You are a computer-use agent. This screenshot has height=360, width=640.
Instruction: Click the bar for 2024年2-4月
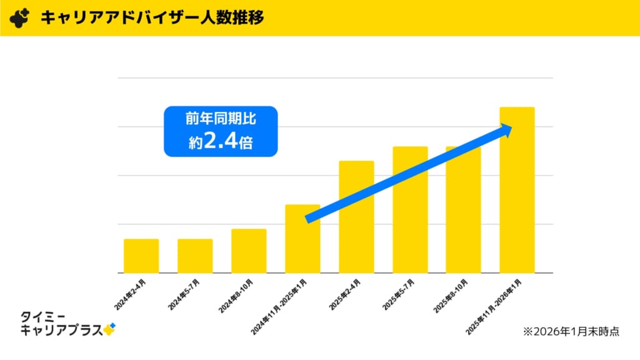(141, 256)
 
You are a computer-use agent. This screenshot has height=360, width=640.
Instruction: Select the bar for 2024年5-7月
(195, 256)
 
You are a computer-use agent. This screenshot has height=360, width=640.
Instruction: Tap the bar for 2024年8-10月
(249, 251)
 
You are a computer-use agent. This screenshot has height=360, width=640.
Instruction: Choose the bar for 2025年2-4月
(356, 216)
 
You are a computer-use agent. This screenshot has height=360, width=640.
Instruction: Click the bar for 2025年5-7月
(410, 209)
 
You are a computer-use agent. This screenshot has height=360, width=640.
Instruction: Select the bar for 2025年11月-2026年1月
(517, 190)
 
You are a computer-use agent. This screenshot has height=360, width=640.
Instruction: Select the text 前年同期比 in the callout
(221, 118)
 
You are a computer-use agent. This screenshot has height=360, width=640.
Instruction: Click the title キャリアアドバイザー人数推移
(152, 17)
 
